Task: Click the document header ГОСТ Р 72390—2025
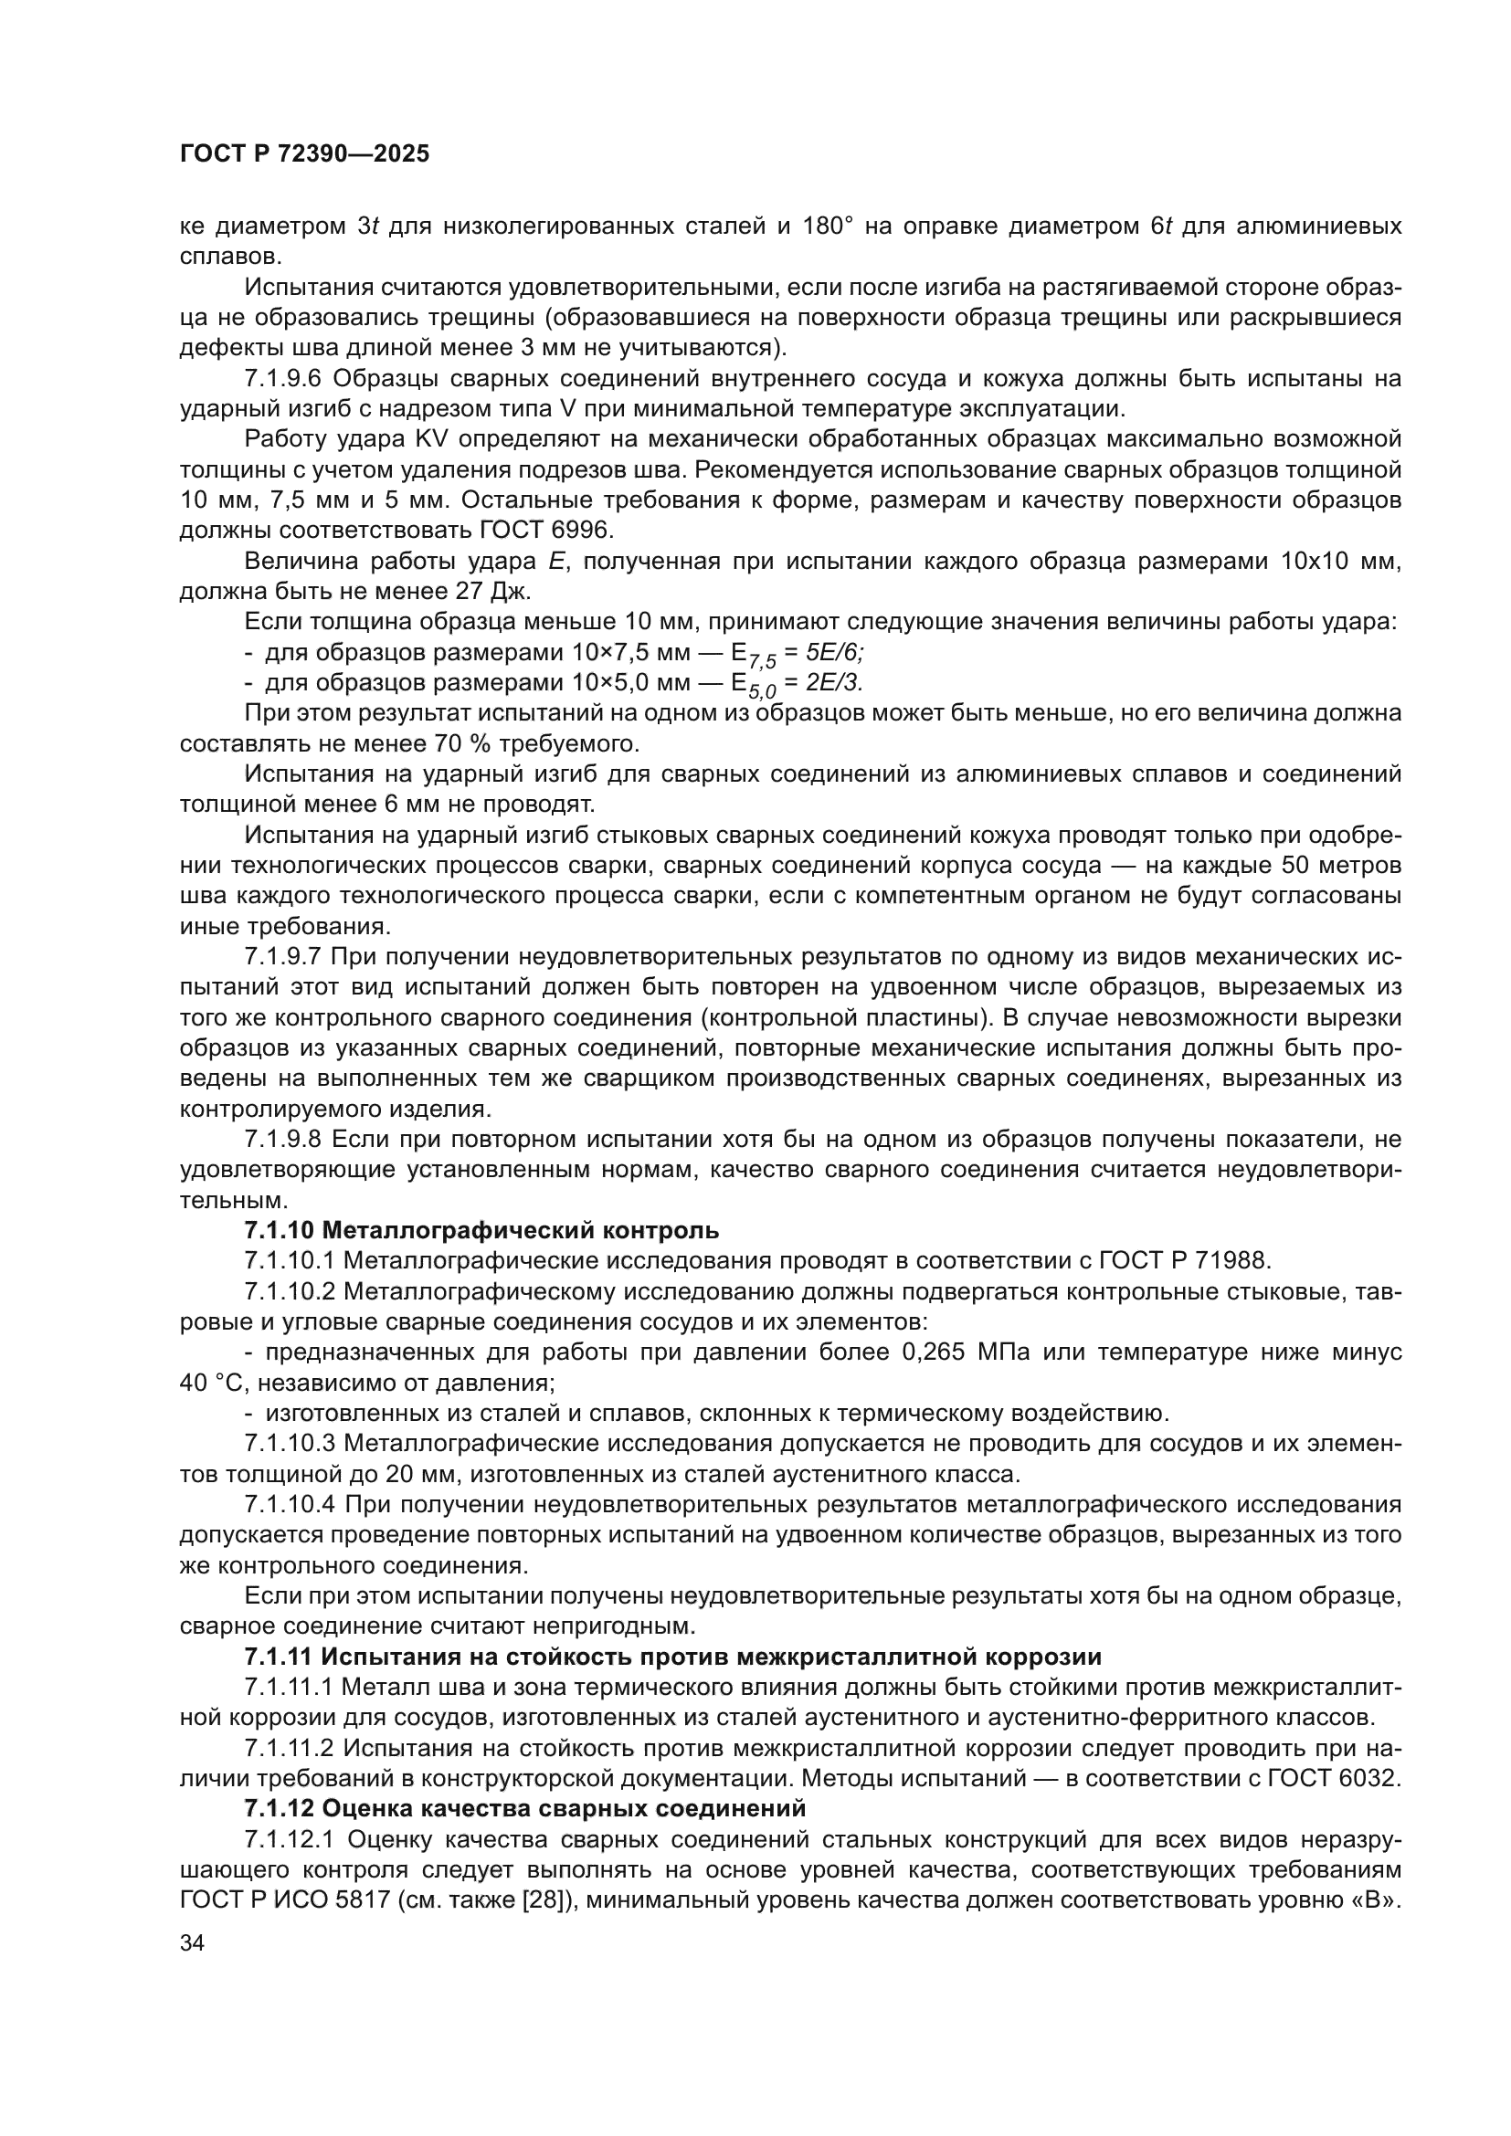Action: tap(304, 154)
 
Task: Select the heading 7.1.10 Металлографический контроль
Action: tap(481, 1230)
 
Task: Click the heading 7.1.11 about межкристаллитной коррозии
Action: tap(672, 1656)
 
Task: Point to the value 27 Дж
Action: tap(492, 592)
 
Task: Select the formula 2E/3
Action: tap(834, 684)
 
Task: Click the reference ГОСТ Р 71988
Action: tap(1183, 1260)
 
